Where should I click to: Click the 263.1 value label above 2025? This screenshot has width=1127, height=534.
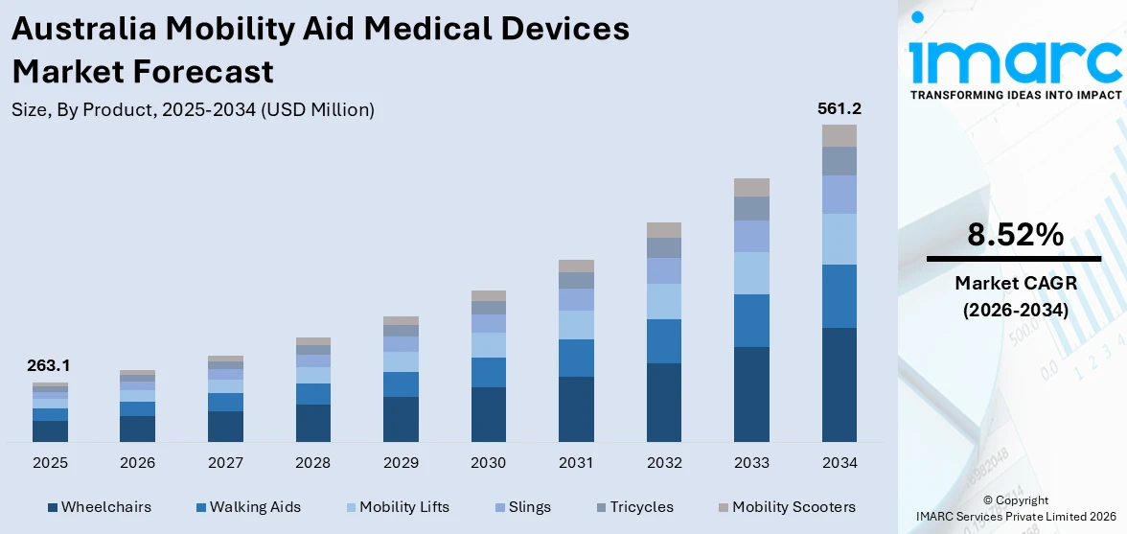50,365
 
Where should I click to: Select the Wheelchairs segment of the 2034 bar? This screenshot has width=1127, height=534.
839,384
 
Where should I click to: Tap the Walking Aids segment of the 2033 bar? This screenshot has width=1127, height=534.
751,320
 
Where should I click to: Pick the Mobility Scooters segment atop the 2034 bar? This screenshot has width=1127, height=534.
839,135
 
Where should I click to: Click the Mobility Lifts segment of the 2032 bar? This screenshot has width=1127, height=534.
663,301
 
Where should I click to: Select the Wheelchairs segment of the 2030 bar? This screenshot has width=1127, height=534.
488,414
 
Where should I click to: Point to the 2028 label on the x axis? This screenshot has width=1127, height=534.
312,463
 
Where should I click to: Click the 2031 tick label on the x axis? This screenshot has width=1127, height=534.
576,463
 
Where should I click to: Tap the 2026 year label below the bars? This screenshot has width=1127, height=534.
137,463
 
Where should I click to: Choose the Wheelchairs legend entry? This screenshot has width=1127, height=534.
99,507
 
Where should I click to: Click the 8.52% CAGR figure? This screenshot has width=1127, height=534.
1015,235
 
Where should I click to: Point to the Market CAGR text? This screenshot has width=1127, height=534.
1015,283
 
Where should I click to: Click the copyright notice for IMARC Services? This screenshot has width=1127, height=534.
1015,508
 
